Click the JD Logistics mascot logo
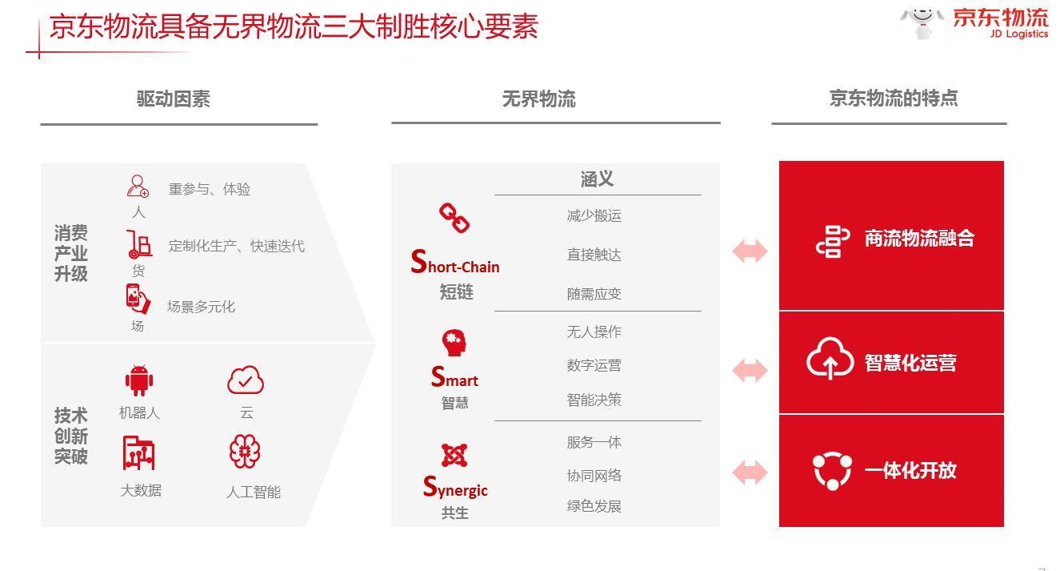tap(922, 22)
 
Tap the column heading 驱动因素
tap(174, 99)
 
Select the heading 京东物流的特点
tap(894, 99)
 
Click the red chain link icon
tap(454, 218)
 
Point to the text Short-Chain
tap(455, 262)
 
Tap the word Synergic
tap(455, 486)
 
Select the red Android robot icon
tap(139, 380)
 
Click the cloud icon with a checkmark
tap(246, 380)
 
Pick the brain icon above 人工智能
tap(245, 452)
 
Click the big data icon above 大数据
tap(138, 452)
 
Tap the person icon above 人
tap(138, 186)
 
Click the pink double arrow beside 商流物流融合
tap(750, 251)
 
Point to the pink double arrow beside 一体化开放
tap(750, 472)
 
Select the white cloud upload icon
tap(830, 358)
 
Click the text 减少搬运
tap(594, 216)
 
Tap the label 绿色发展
tap(594, 506)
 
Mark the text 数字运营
tap(594, 365)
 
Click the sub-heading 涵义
tap(597, 179)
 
